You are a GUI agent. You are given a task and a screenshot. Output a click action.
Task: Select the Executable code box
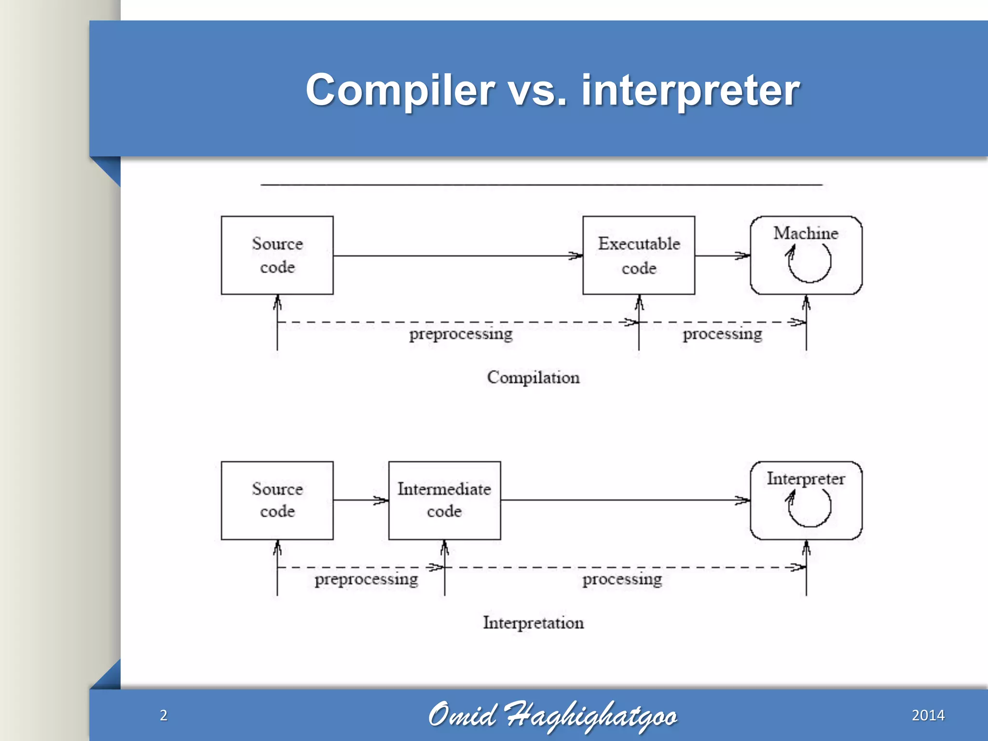[x=639, y=255]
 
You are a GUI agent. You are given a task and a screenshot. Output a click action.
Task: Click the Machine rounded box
[x=806, y=255]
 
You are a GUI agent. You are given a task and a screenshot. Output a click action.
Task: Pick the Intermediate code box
[x=444, y=500]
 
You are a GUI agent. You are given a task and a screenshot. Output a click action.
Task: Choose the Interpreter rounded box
[x=806, y=500]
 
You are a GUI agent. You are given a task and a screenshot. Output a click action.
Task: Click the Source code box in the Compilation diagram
[x=277, y=255]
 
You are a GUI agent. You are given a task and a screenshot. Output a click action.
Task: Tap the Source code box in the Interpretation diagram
[x=277, y=500]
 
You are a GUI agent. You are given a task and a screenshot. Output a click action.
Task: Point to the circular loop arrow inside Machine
[x=809, y=263]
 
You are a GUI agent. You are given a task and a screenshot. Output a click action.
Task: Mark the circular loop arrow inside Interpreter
[x=809, y=508]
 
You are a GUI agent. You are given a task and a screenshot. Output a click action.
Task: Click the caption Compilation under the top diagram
[x=533, y=377]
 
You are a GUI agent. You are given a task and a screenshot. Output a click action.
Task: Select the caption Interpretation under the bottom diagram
[x=533, y=623]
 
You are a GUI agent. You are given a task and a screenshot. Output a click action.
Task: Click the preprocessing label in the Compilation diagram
[x=461, y=334]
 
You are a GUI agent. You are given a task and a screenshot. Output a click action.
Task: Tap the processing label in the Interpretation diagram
[x=622, y=579]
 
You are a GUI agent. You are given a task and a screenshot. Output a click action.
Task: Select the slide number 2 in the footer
[x=164, y=715]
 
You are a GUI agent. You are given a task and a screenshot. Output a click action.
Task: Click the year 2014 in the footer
[x=928, y=715]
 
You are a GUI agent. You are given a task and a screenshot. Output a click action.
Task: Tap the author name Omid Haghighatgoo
[x=552, y=715]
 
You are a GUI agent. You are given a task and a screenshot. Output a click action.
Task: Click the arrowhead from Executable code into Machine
[x=743, y=256]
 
